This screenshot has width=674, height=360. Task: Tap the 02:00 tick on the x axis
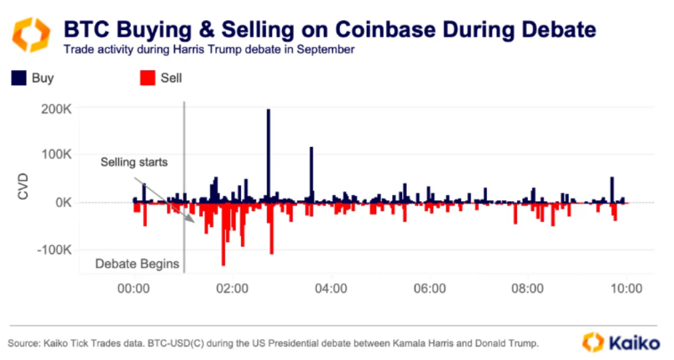point(232,289)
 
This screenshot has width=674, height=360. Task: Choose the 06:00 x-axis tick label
point(430,289)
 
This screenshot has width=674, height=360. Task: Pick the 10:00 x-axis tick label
point(627,289)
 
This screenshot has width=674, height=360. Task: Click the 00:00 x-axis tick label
point(134,289)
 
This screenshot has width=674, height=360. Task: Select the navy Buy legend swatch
point(18,79)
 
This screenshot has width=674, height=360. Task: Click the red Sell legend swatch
point(147,79)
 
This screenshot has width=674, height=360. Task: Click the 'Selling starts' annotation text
point(134,162)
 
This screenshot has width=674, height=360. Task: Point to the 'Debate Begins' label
point(137,264)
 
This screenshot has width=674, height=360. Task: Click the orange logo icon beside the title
point(31,33)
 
